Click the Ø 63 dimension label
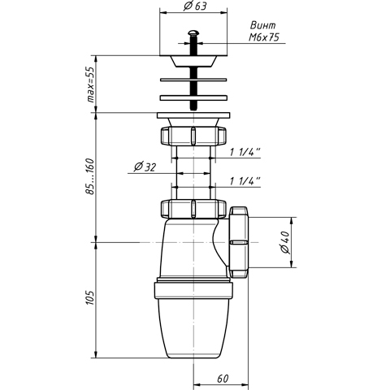click(x=195, y=6)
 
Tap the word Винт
click(x=262, y=25)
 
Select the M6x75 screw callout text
click(x=264, y=37)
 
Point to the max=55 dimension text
click(x=92, y=84)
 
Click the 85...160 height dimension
click(x=90, y=176)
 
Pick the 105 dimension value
click(x=90, y=298)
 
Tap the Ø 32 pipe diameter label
click(x=145, y=167)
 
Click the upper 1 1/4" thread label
click(x=245, y=152)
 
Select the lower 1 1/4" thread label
click(x=245, y=181)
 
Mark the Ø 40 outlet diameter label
click(x=285, y=242)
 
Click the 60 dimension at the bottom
click(x=223, y=379)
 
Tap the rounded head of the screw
click(x=193, y=33)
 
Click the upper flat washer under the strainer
click(x=193, y=80)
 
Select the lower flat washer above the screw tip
click(x=193, y=97)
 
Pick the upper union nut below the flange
click(x=193, y=136)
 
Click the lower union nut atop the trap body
click(x=193, y=209)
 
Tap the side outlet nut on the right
click(x=239, y=242)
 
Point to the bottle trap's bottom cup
click(x=193, y=328)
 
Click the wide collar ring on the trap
click(x=193, y=290)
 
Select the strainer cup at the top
click(x=193, y=61)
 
